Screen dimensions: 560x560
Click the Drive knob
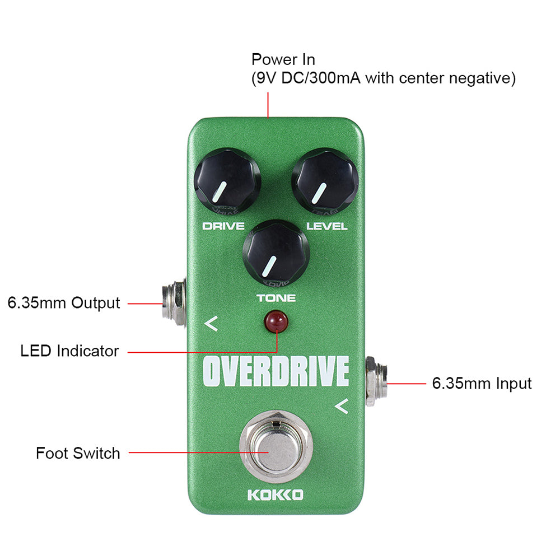point(227,181)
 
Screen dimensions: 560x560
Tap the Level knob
point(325,181)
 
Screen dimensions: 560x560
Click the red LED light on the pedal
point(276,321)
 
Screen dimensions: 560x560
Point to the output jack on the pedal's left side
point(174,303)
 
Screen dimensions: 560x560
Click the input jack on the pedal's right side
point(376,381)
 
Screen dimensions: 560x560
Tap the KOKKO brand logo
point(276,494)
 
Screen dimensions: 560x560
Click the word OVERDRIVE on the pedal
point(276,371)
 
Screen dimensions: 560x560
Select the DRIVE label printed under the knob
point(223,226)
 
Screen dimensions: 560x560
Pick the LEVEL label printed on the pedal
point(327,226)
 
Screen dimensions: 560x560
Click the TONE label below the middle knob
point(276,298)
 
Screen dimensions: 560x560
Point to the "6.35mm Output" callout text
point(64,303)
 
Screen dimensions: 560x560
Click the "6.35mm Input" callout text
point(482,384)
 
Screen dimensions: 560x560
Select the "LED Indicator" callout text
point(69,351)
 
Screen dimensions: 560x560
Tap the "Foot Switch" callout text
point(78,453)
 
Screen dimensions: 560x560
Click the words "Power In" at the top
point(283,60)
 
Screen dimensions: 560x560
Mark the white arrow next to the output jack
point(211,324)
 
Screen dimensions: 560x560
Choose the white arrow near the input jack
point(342,406)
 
